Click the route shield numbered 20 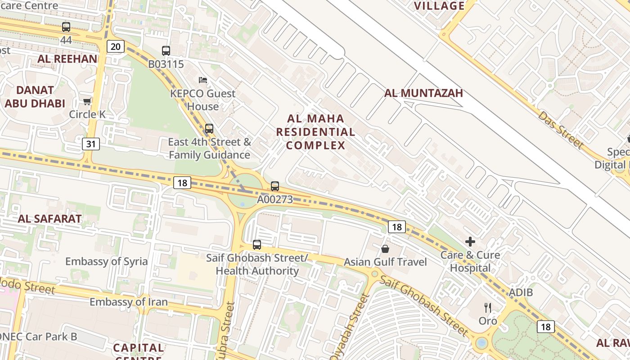tap(116, 46)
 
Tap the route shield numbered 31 tap(91, 144)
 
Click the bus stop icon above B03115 tap(166, 51)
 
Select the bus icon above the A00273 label tap(274, 186)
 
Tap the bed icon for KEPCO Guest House tap(203, 80)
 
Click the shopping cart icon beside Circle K tap(87, 101)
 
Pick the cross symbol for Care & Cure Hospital tap(470, 242)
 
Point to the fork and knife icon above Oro tap(488, 308)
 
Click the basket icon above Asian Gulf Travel tap(385, 248)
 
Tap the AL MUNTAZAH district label tap(423, 93)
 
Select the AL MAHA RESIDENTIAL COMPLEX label tap(315, 132)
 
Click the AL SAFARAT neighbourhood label tap(49, 219)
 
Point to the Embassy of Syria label tap(106, 261)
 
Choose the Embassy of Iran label tap(129, 302)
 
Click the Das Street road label tap(561, 130)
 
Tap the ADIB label tap(521, 292)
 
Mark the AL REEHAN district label tap(67, 58)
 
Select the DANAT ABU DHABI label tap(35, 97)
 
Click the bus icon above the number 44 tap(66, 27)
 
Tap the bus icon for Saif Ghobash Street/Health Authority tap(256, 245)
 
